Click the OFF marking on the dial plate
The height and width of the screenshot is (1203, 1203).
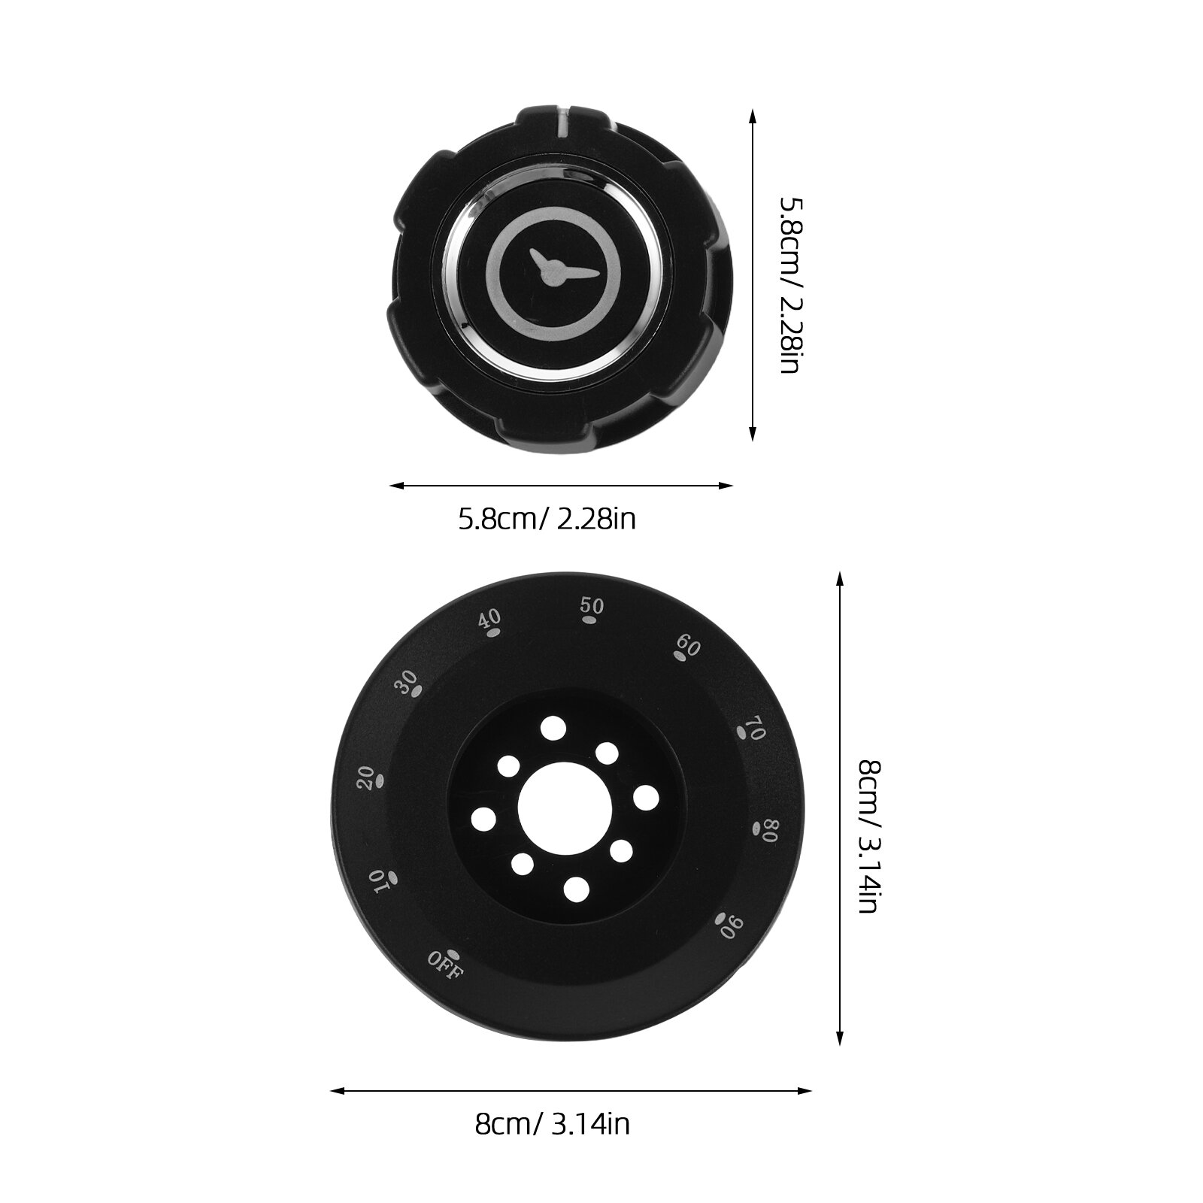(x=446, y=964)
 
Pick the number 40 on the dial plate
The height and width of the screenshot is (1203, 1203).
(x=489, y=620)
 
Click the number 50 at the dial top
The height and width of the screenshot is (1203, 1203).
(x=592, y=606)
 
